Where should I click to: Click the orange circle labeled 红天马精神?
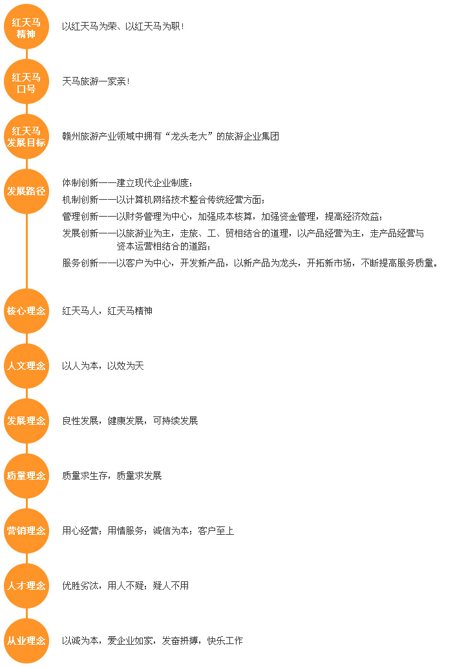point(26,27)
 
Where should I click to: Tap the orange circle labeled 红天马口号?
point(26,81)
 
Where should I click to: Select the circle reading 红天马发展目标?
point(26,136)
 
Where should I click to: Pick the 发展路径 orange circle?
point(26,191)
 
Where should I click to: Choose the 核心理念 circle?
point(26,311)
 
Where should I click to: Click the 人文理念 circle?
point(26,366)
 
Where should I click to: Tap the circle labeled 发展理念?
point(26,421)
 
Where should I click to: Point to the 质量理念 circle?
point(26,476)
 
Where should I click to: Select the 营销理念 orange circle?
point(26,531)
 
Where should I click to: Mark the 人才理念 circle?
point(26,586)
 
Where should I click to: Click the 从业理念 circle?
point(26,641)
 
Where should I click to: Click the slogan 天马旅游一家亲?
point(96,81)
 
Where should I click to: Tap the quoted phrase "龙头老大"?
point(189,136)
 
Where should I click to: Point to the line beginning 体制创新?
point(127,183)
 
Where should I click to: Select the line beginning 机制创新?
point(164,200)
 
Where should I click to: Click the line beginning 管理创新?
point(223,217)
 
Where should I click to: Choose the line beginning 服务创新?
point(250,263)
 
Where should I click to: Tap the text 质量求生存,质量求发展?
point(112,476)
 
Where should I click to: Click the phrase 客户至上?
point(216,531)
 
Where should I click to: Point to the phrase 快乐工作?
point(225,641)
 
